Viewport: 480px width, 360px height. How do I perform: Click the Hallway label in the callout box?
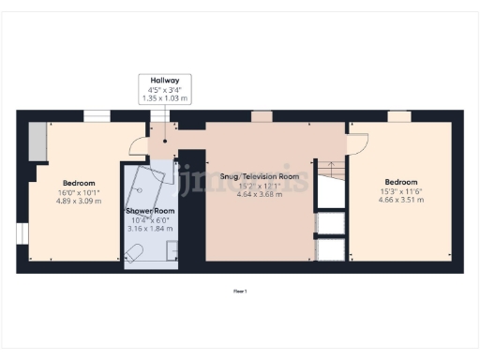point(165,81)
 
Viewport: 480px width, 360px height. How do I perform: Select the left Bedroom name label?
point(78,182)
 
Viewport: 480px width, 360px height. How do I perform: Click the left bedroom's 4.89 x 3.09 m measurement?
point(78,200)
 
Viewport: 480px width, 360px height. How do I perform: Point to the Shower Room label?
point(149,210)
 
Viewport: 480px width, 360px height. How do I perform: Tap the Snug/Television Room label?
point(258,176)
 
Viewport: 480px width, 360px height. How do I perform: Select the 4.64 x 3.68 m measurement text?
point(258,194)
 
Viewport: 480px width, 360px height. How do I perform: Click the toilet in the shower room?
point(135,251)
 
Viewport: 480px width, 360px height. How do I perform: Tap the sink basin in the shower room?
point(171,249)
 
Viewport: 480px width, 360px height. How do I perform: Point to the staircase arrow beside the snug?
point(329,172)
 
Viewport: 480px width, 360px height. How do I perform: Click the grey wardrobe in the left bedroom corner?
point(38,142)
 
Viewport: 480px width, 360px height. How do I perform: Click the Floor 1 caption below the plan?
point(240,292)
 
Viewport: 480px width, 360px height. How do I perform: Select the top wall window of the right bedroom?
point(399,116)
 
